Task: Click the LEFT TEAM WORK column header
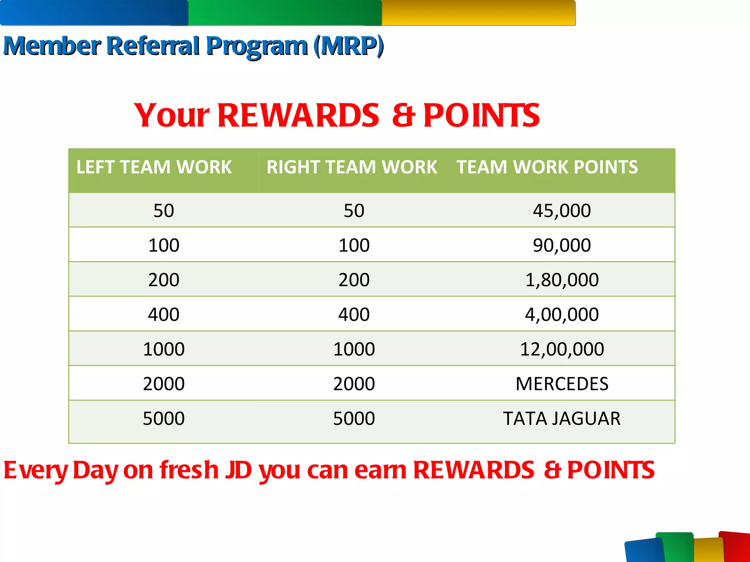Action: pos(154,167)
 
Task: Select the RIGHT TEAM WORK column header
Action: pos(352,167)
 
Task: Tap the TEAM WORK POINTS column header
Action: pos(547,167)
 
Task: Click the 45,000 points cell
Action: pos(562,211)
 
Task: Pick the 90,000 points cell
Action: pos(562,245)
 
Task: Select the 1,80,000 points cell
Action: pos(562,280)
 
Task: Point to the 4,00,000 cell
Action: pos(562,314)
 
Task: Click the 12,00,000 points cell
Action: pos(562,349)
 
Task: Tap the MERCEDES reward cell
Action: pos(562,384)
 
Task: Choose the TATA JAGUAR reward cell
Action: pos(562,419)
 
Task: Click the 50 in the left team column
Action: pos(164,211)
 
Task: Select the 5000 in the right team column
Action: pos(354,419)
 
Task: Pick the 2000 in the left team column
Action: pos(164,384)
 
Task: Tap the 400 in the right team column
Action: pos(354,314)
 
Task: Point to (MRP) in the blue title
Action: pos(348,46)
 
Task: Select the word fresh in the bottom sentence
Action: pos(189,470)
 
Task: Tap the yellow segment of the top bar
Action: pos(478,13)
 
